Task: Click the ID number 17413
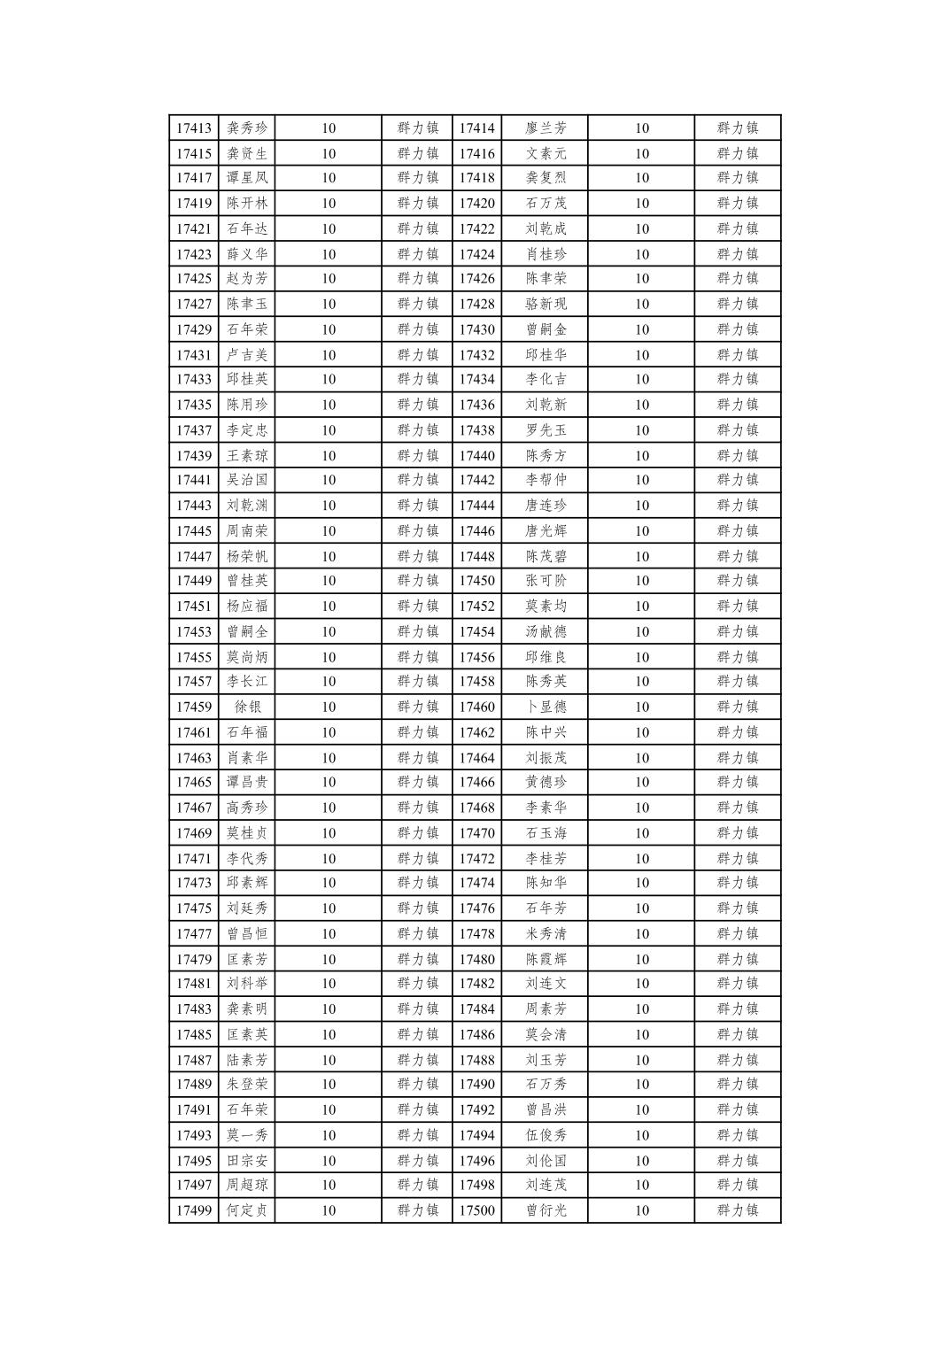[x=193, y=128]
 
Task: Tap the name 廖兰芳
[x=546, y=128]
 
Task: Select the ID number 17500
[x=476, y=1210]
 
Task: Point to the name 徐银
[x=247, y=707]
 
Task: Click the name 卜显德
[x=546, y=707]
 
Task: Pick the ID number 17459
[x=193, y=707]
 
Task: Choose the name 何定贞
[x=247, y=1210]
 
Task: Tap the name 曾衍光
[x=546, y=1210]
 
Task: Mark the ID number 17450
[x=476, y=581]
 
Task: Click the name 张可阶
[x=546, y=581]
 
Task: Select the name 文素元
[x=546, y=154]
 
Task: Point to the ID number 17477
[x=193, y=934]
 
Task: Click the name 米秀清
[x=546, y=934]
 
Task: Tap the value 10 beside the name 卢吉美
[x=329, y=355]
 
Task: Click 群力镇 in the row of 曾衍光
[x=738, y=1210]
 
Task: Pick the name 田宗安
[x=247, y=1161]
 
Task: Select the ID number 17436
[x=476, y=406]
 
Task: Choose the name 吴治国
[x=247, y=480]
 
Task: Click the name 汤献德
[x=546, y=632]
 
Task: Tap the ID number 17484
[x=476, y=1009]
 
